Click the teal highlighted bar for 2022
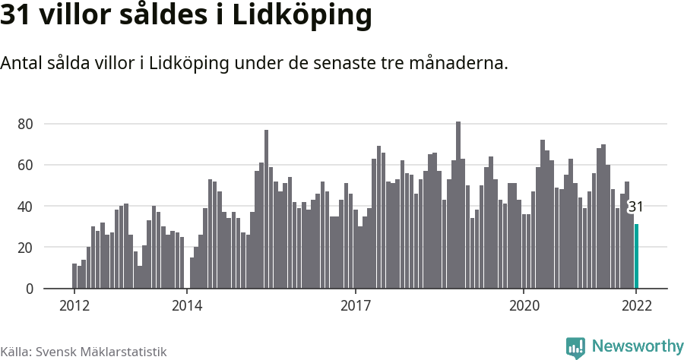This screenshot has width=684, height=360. tap(637, 257)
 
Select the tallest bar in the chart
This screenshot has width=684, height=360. tap(458, 205)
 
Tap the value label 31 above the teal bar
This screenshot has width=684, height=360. tap(636, 207)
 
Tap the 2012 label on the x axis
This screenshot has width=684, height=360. tap(74, 306)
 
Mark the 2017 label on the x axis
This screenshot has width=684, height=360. tap(355, 306)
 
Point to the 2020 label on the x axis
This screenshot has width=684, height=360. tap(524, 306)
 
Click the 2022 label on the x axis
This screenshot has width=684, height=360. tap(636, 306)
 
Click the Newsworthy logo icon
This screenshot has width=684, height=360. tap(575, 348)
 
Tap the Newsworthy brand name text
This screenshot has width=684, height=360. tap(637, 347)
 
